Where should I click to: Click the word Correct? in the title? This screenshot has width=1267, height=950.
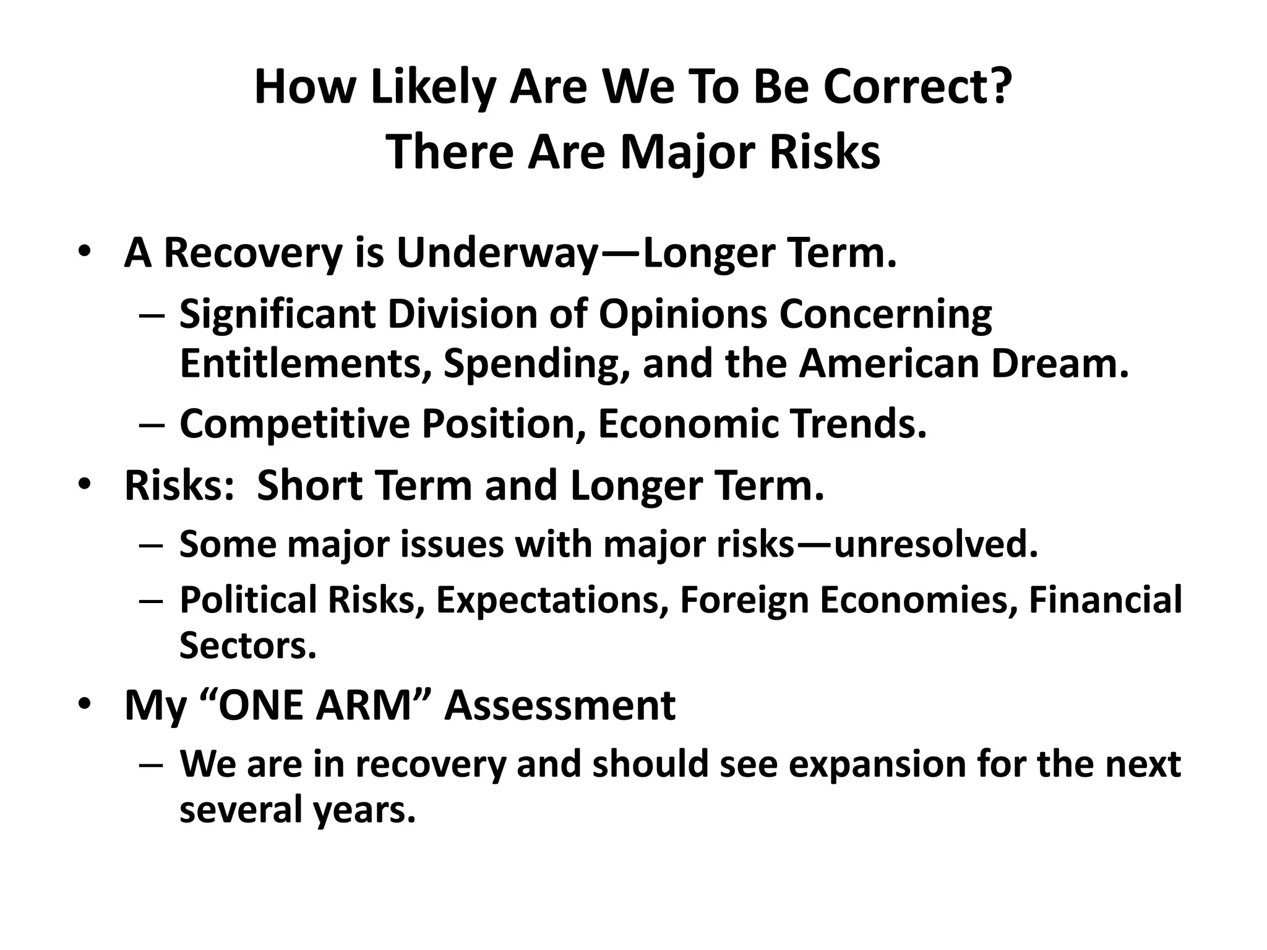tap(917, 87)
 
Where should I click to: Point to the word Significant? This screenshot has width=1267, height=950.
tap(278, 314)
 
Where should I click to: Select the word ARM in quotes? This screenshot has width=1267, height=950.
tap(364, 706)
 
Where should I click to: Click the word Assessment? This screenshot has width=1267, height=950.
tap(560, 706)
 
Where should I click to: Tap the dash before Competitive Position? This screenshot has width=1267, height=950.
tap(152, 426)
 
